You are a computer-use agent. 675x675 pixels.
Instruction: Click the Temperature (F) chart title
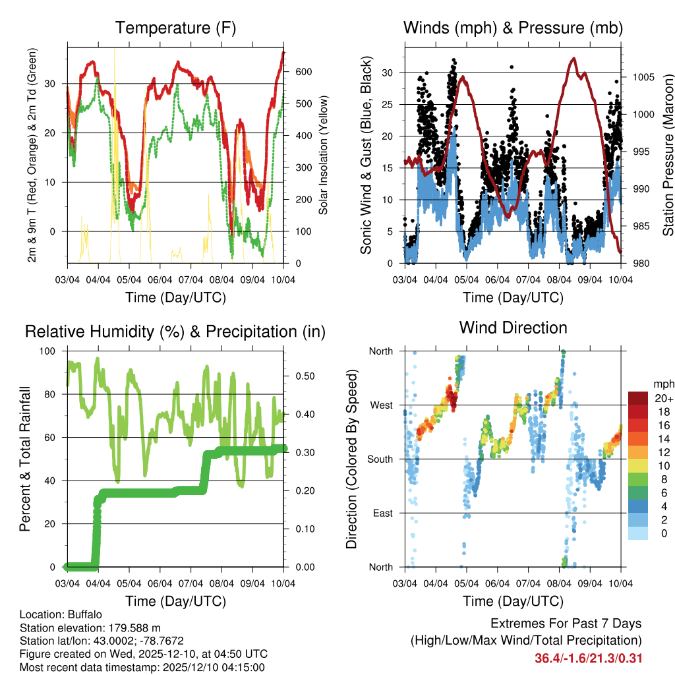point(175,28)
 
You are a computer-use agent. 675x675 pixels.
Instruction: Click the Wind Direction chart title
point(513,328)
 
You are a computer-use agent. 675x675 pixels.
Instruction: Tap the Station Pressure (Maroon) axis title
point(667,155)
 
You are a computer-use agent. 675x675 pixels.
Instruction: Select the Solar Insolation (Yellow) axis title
point(324,155)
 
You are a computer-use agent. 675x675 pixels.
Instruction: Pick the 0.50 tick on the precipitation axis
point(301,376)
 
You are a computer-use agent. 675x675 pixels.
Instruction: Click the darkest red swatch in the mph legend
point(639,398)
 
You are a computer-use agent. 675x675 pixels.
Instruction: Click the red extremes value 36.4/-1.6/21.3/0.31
point(589,658)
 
